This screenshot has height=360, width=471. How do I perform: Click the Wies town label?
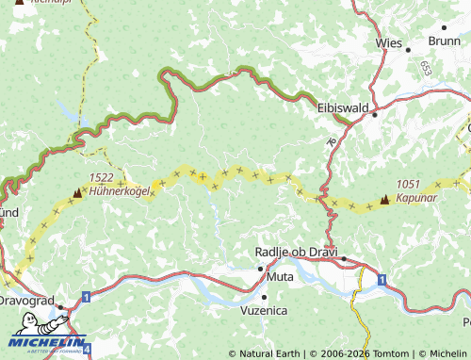388,43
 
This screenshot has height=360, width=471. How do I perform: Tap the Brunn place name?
444,41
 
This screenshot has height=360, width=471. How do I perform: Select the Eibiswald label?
343,108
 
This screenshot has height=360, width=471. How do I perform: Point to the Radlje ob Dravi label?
296,252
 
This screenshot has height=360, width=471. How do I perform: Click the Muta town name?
279,277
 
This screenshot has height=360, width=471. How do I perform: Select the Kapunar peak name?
415,198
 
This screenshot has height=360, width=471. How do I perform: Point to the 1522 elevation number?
102,177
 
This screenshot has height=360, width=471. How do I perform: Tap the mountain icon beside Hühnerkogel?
77,193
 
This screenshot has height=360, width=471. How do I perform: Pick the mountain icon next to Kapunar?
384,199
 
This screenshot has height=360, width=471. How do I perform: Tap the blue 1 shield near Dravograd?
86,297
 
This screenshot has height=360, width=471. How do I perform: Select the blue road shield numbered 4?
87,349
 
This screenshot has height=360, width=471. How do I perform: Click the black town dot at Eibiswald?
374,115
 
